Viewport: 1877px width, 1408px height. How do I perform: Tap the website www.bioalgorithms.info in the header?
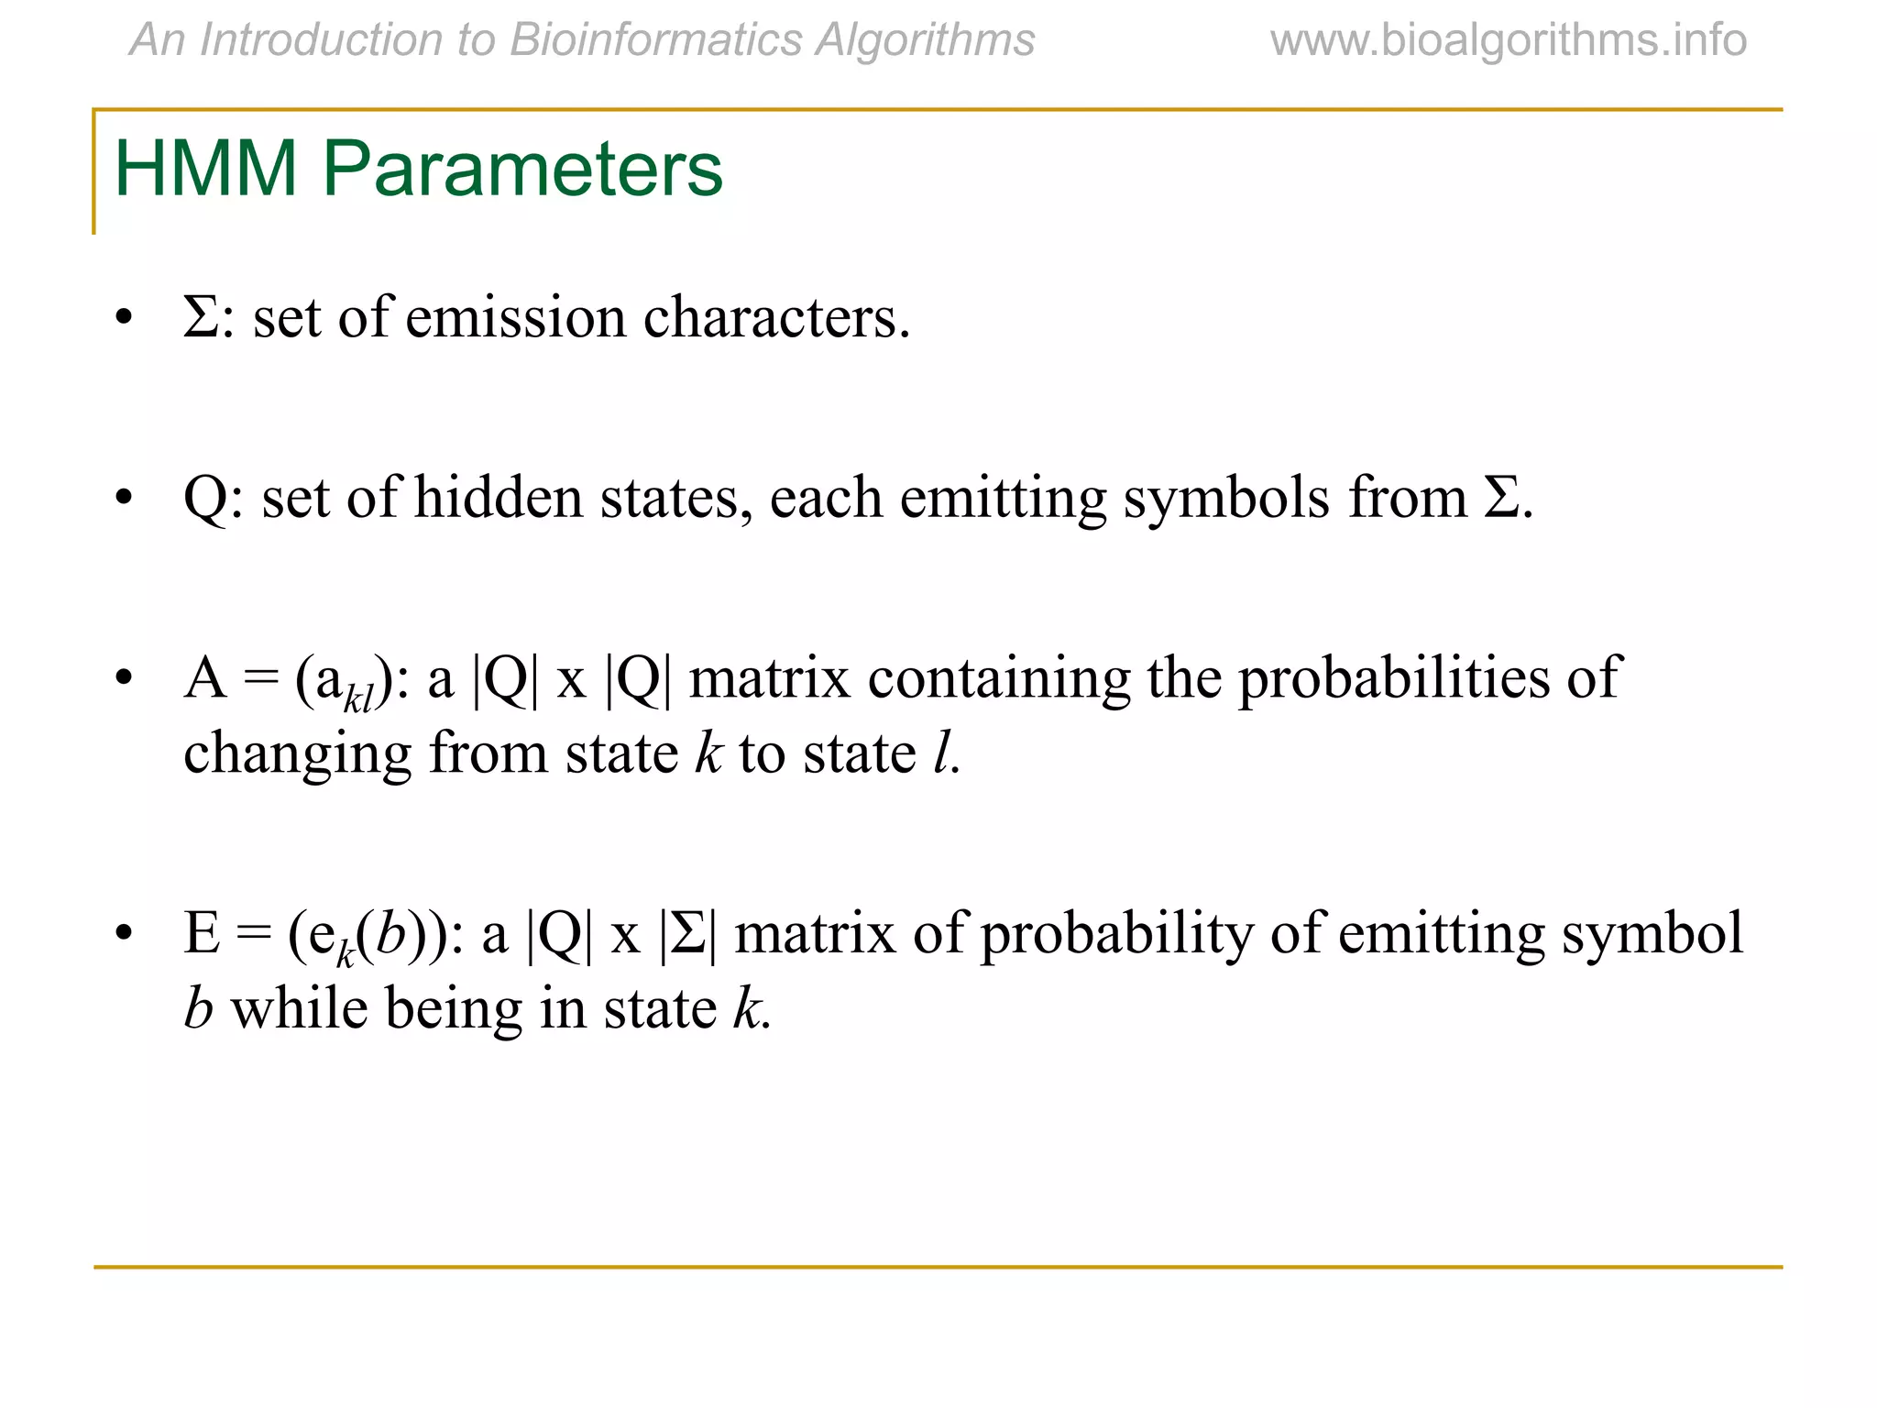click(1508, 40)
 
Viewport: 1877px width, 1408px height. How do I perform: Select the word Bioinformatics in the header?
click(656, 40)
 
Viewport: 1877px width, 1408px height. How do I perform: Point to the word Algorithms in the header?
click(925, 40)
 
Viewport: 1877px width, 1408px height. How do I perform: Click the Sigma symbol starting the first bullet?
click(201, 318)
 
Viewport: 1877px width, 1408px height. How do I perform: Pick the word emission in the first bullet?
click(516, 318)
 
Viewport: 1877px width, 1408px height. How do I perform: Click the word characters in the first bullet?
click(776, 318)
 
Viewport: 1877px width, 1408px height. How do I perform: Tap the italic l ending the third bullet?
click(941, 753)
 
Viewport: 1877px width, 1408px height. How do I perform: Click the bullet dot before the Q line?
click(124, 500)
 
